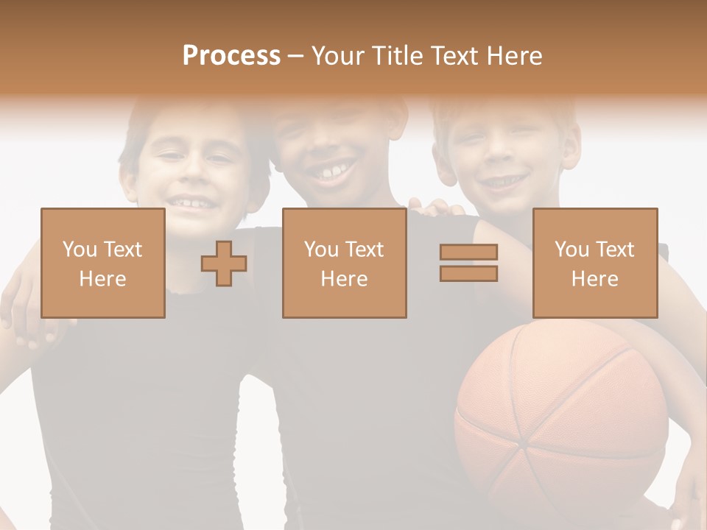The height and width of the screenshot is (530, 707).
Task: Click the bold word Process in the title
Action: tap(231, 56)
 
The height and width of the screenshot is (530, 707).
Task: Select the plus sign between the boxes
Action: tap(224, 264)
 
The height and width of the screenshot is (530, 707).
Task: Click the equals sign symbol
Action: tap(468, 263)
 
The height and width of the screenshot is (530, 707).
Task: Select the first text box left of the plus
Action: tap(102, 263)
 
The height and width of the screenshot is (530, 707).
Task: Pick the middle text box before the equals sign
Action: tap(344, 263)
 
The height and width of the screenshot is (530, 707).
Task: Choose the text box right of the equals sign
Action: tap(594, 263)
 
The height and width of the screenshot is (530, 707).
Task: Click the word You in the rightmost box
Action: tap(572, 250)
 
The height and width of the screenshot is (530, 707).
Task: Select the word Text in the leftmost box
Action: tap(122, 250)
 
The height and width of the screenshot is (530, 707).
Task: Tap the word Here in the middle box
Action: tap(344, 278)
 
